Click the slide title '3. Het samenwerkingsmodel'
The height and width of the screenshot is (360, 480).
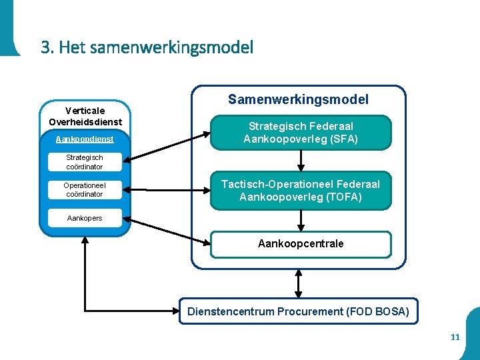point(147,48)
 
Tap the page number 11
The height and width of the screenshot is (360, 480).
point(455,337)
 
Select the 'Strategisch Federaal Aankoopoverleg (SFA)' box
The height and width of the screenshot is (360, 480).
point(301,133)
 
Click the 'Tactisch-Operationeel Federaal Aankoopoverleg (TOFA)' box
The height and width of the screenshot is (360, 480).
point(301,191)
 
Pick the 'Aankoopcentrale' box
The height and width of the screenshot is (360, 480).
point(301,244)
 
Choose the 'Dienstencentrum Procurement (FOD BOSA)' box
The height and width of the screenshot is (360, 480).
point(299,311)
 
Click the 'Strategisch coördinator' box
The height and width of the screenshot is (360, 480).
point(84,162)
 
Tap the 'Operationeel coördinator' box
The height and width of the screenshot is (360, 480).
point(84,190)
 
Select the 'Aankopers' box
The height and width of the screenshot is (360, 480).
point(84,218)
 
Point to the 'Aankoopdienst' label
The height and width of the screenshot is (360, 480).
point(84,139)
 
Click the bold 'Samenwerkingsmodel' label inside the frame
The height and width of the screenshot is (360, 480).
point(298,100)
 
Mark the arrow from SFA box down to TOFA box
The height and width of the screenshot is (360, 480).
point(301,161)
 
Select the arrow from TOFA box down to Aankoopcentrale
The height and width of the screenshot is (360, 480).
point(301,220)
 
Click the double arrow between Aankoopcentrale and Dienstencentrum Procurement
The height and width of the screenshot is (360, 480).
point(299,283)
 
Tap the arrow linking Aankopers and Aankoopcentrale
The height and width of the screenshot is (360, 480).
point(167,231)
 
